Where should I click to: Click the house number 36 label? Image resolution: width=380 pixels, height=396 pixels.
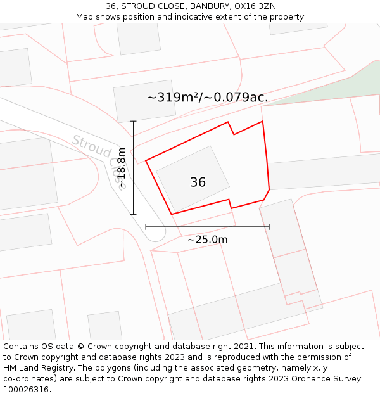coord(198,182)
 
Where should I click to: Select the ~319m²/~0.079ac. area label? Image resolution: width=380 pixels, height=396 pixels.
coord(207,98)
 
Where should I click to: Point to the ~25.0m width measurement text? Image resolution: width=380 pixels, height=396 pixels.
coord(207,240)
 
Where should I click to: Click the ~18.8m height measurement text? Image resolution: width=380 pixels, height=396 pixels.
coord(122,167)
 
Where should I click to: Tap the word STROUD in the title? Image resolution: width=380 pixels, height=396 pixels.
coord(139,6)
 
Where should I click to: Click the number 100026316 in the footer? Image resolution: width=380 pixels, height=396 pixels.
coord(27,390)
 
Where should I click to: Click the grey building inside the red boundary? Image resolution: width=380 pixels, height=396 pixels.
coord(193,179)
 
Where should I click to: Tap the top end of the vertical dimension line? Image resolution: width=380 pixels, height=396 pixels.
coord(133,121)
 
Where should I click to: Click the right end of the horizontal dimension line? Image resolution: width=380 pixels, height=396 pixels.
coord(269,226)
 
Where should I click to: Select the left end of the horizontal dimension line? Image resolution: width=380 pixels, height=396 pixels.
coord(146,226)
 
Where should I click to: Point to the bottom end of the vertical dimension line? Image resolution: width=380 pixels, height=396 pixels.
coord(133,214)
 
